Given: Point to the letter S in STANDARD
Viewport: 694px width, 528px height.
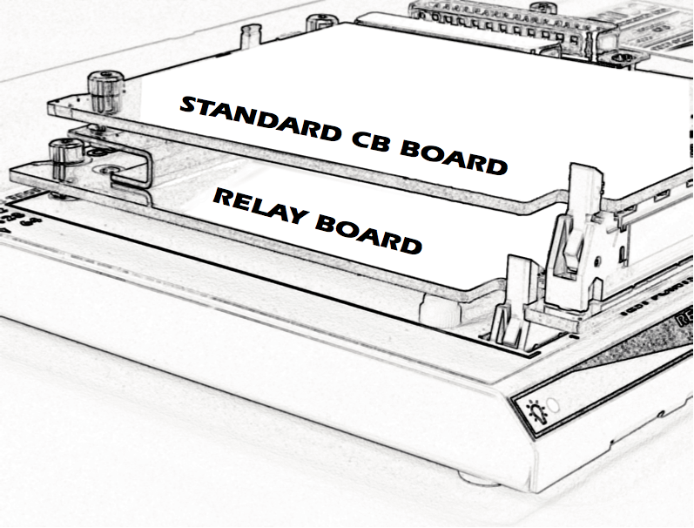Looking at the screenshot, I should [189, 107].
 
